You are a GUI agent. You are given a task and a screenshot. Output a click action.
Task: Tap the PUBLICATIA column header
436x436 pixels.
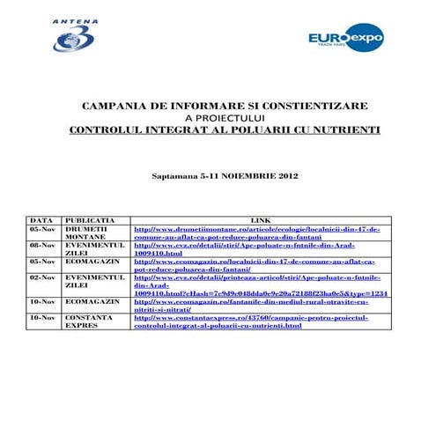[x=87, y=219]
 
